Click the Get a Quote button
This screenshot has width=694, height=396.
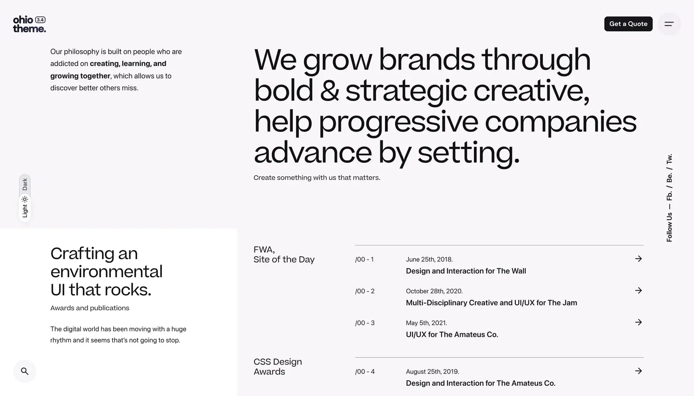[628, 24]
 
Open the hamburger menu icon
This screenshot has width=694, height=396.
[669, 24]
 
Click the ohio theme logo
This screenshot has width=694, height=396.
[29, 24]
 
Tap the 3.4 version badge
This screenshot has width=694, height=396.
[40, 20]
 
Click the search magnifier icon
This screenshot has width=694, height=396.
[25, 371]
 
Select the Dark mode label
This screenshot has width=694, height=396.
[25, 184]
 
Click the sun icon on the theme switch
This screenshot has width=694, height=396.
[25, 199]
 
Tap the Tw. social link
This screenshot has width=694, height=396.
[669, 159]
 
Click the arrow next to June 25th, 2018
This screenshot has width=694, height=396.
[639, 259]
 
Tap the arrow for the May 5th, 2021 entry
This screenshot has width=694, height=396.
[639, 322]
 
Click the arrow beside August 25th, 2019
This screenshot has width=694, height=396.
[639, 371]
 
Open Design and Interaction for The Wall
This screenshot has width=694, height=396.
[466, 271]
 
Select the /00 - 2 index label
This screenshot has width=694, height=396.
[365, 291]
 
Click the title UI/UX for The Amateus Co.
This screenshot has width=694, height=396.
[452, 335]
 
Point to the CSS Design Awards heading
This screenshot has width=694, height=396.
[278, 367]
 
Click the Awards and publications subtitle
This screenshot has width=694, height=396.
[90, 308]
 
